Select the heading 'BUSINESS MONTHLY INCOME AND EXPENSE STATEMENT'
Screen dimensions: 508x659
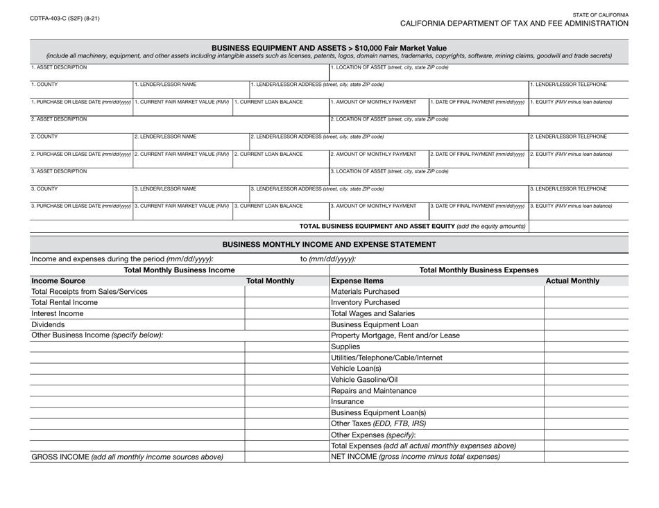[x=329, y=244]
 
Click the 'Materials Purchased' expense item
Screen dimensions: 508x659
[x=366, y=292]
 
